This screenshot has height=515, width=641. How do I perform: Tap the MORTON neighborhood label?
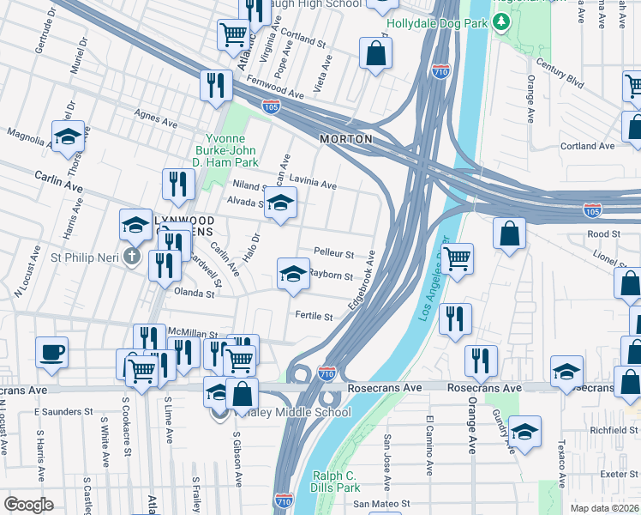(x=346, y=138)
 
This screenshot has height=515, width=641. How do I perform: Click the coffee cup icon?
(x=52, y=352)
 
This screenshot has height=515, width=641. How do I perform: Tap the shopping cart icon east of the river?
(x=458, y=257)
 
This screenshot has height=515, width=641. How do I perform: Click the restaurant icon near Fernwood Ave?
(x=215, y=85)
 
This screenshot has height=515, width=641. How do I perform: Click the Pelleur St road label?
(x=334, y=254)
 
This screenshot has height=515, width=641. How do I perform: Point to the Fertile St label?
(x=314, y=317)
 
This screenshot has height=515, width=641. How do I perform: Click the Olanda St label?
(x=194, y=294)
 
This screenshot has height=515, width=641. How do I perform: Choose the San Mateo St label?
(x=383, y=504)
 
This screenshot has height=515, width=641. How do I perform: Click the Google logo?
(x=28, y=505)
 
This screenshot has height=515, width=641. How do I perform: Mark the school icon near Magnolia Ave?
(x=68, y=137)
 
